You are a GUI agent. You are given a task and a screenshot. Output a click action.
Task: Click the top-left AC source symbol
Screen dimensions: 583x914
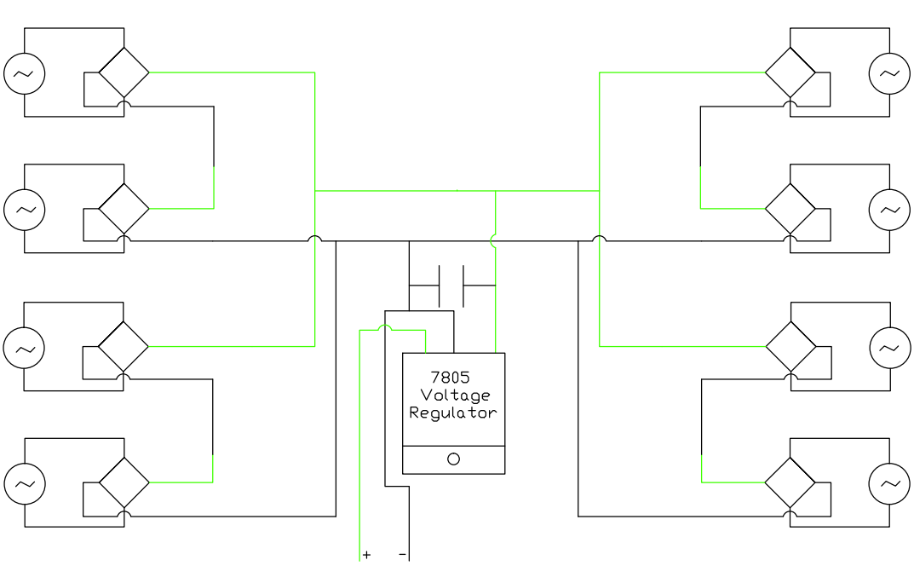(x=24, y=73)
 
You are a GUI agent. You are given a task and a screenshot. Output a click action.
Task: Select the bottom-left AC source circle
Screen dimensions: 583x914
(x=24, y=483)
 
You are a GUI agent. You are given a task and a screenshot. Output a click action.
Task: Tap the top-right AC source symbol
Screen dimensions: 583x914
(x=889, y=73)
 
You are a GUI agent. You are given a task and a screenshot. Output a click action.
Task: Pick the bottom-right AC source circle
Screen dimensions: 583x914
(x=889, y=483)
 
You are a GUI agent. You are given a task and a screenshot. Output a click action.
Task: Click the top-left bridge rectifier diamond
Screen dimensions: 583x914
(x=124, y=72)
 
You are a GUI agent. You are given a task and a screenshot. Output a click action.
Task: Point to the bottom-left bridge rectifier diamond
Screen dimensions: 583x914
(x=124, y=482)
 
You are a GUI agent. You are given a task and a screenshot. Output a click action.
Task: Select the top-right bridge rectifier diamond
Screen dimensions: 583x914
(x=790, y=72)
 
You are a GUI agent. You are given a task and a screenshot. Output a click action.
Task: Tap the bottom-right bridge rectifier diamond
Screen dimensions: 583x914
(x=790, y=482)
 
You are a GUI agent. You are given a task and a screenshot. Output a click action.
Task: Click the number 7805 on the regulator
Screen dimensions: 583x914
(x=451, y=378)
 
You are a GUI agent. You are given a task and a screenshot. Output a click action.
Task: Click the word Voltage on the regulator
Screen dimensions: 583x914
(x=456, y=395)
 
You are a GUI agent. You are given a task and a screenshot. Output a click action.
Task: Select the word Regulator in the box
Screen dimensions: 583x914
(x=453, y=413)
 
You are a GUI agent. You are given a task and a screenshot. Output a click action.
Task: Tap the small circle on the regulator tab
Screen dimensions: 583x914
(x=453, y=459)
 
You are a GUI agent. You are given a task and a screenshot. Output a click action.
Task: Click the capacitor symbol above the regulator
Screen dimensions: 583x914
(x=451, y=286)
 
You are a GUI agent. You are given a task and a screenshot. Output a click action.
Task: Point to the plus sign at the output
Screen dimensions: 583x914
(x=366, y=555)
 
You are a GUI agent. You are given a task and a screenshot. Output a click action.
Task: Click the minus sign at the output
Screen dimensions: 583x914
(x=402, y=555)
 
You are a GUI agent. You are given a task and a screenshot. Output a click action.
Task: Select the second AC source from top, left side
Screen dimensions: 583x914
(x=24, y=210)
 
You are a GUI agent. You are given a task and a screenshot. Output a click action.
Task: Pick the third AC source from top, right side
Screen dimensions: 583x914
(x=889, y=347)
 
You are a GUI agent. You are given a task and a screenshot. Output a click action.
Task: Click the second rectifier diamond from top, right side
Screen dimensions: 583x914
(x=790, y=208)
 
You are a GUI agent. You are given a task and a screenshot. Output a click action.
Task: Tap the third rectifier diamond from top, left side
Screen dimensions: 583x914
(x=124, y=347)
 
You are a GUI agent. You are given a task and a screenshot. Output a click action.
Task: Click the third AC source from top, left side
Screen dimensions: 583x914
(x=24, y=347)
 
